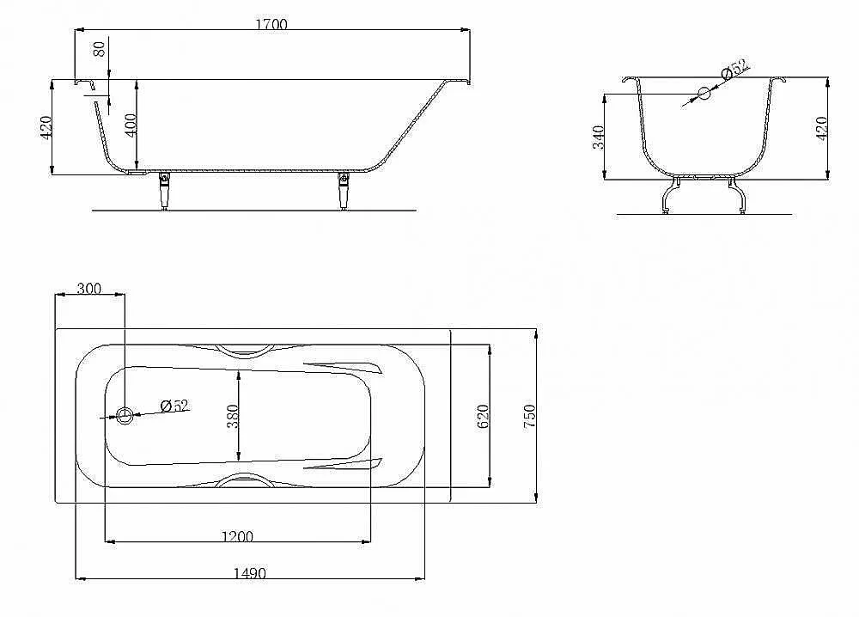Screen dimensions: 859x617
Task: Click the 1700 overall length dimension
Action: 271,24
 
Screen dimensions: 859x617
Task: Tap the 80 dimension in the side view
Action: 99,49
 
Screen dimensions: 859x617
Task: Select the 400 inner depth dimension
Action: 130,125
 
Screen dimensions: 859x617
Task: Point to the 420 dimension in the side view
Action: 46,127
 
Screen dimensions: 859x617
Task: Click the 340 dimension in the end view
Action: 598,137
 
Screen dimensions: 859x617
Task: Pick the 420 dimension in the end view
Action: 821,129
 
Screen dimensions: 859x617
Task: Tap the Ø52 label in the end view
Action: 736,69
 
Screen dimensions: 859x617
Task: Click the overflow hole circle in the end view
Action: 704,93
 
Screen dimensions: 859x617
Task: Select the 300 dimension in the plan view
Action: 88,288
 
